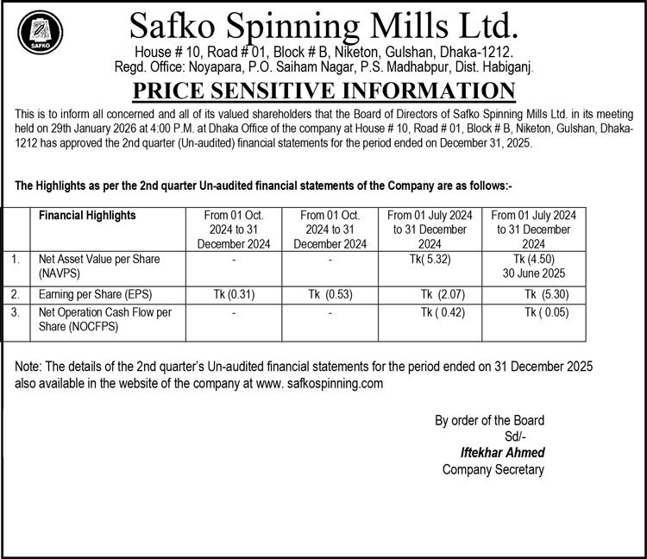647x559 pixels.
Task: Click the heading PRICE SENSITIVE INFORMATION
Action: [x=323, y=91]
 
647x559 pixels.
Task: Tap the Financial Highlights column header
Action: [x=88, y=216]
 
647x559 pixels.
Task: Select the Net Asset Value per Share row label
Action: [x=99, y=265]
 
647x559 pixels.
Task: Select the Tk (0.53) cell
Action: [x=332, y=295]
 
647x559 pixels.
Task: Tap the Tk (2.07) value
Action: [x=443, y=295]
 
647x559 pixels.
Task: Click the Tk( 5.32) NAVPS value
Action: [x=430, y=259]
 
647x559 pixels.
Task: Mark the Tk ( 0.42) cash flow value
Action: [x=442, y=313]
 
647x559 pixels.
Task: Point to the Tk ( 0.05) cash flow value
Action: [x=546, y=313]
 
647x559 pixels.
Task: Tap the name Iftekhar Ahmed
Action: [x=504, y=452]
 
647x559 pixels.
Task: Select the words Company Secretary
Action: [x=493, y=469]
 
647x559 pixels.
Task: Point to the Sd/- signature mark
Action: [x=516, y=436]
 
